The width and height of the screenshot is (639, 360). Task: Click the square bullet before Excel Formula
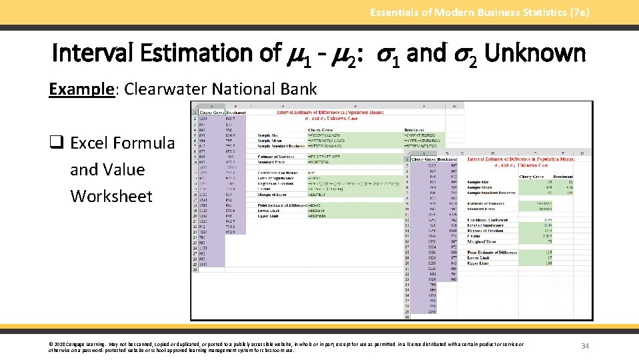click(55, 143)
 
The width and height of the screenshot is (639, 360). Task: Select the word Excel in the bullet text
click(90, 143)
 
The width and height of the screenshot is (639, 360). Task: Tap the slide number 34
click(585, 346)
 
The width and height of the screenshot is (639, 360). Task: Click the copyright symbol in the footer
click(51, 344)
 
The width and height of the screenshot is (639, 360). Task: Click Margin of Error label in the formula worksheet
click(273, 194)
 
